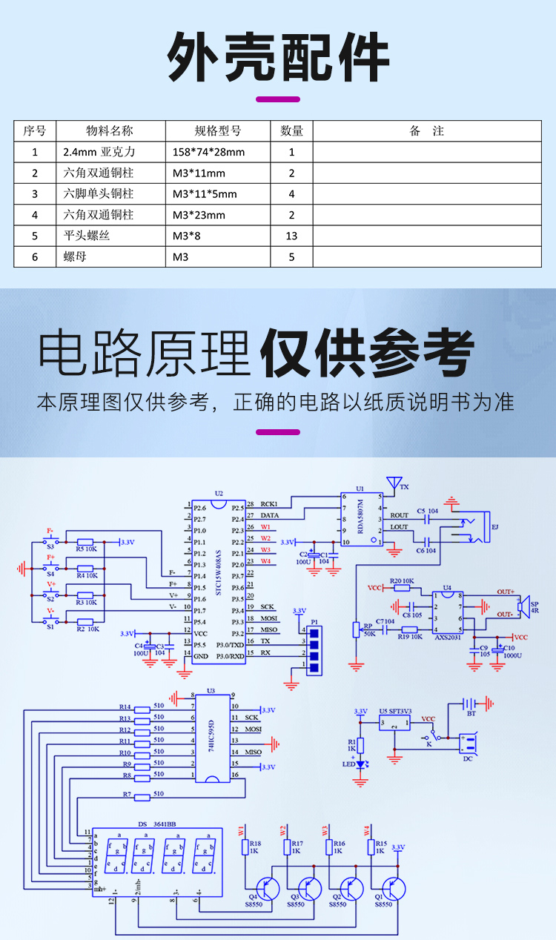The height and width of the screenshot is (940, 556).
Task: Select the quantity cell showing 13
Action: tap(291, 236)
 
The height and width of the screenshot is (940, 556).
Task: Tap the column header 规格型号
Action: tap(217, 131)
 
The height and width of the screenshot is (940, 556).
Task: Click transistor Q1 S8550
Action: tap(392, 887)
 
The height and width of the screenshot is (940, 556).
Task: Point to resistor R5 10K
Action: tap(86, 542)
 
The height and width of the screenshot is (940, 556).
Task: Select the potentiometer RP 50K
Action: tap(357, 629)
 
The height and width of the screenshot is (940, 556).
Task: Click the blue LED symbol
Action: tap(361, 764)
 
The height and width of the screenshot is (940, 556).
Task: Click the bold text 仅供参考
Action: tap(368, 354)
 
